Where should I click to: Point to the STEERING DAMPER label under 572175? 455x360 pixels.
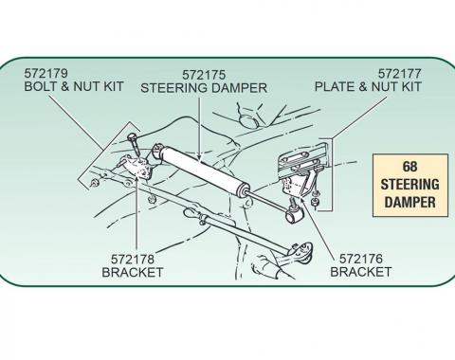point(204,87)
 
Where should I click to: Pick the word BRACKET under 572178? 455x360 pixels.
point(132,272)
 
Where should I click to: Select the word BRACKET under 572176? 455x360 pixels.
point(360,272)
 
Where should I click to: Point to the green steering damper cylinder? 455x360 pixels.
point(203,171)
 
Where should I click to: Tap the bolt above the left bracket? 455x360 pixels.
point(135,146)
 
